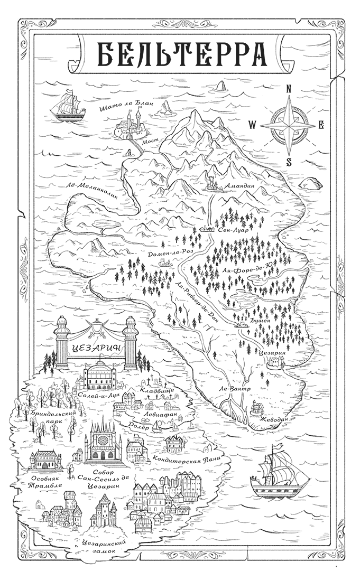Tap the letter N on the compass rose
(x=289, y=89)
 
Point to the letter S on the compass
(x=289, y=162)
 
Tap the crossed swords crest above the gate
(x=96, y=329)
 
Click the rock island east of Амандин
(x=311, y=183)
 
